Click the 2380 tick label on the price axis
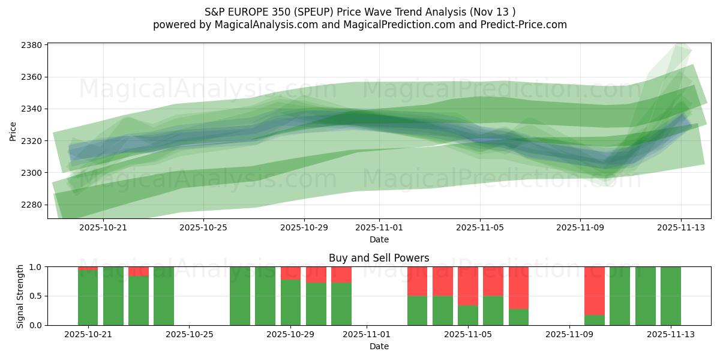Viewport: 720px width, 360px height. click(x=31, y=46)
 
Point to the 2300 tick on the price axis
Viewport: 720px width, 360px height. click(x=31, y=173)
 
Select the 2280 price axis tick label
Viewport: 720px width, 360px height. click(x=31, y=205)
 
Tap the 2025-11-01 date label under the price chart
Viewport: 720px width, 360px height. click(x=379, y=228)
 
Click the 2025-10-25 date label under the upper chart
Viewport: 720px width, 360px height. click(x=203, y=228)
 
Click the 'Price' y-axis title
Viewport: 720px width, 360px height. click(x=13, y=130)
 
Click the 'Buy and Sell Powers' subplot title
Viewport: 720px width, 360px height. click(x=379, y=259)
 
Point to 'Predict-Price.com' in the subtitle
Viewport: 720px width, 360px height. click(x=525, y=25)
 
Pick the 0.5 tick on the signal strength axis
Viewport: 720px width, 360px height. click(x=35, y=296)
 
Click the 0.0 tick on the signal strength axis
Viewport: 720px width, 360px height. click(x=35, y=325)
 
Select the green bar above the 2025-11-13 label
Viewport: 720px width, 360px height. click(x=670, y=296)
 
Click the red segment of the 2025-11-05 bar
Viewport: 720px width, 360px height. click(x=467, y=286)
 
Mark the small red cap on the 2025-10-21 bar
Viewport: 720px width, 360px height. click(x=88, y=268)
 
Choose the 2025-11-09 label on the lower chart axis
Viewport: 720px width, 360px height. click(x=568, y=335)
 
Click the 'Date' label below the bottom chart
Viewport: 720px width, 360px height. click(x=379, y=346)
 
